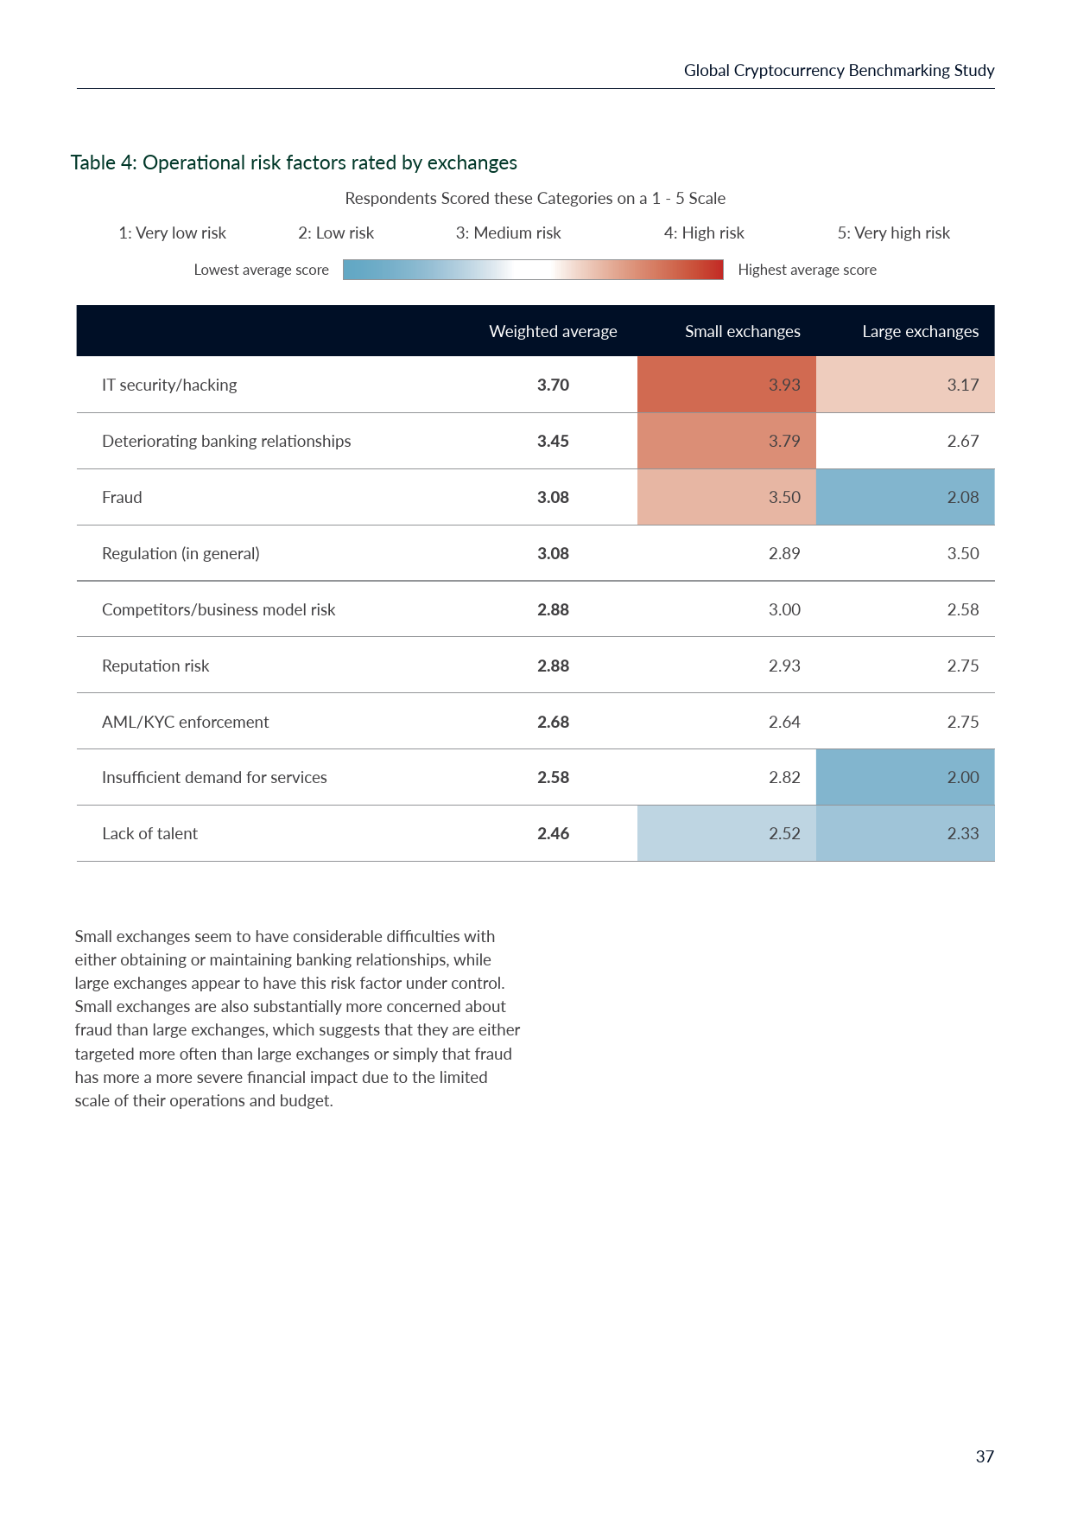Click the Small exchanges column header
pos(742,331)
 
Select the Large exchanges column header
pos(920,331)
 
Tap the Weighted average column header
pos(553,331)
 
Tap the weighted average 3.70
pos(553,385)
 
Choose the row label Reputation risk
pos(155,666)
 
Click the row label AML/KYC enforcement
pos(185,722)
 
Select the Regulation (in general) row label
pos(181,553)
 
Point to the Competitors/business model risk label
pos(219,609)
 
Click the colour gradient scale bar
pos(533,270)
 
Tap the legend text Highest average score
pos(807,270)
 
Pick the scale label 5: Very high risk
pos(893,232)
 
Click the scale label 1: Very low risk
pos(172,232)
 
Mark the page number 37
pos(985,1456)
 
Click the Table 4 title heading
pos(294,162)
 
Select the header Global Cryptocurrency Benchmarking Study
pos(839,70)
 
